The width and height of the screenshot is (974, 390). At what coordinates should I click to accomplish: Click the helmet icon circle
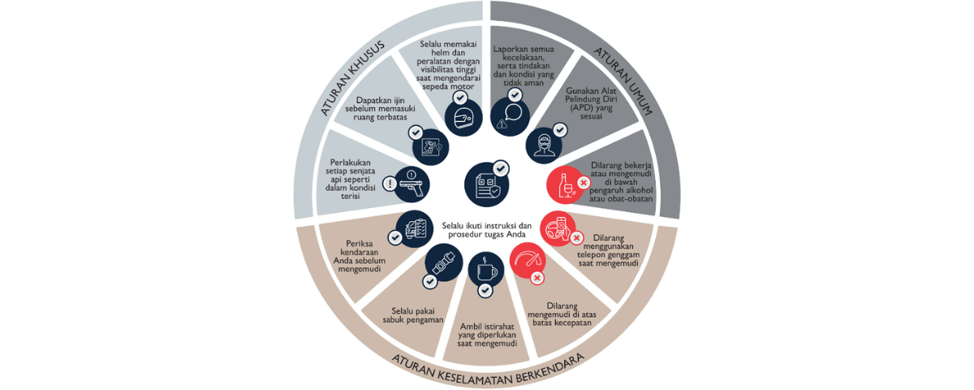tap(463, 118)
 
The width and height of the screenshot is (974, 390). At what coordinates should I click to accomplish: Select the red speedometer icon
tap(528, 261)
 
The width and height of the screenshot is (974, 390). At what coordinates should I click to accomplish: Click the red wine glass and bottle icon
tap(564, 185)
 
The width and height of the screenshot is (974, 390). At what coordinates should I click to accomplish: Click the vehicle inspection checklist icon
tap(414, 227)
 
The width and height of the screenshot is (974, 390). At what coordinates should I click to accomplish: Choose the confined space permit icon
tap(430, 149)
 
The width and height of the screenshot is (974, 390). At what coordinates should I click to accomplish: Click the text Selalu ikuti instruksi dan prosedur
tap(487, 229)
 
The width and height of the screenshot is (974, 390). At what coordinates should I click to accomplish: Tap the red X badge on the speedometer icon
tap(537, 278)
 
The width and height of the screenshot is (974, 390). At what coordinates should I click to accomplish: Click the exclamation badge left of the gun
tap(390, 184)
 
